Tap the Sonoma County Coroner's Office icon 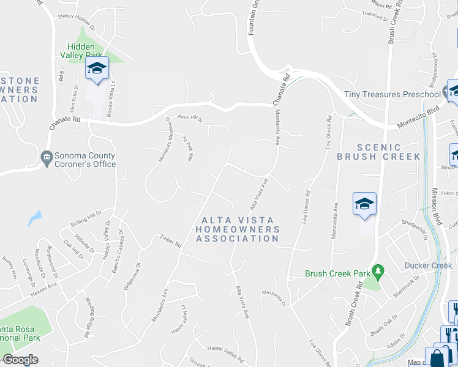[x=47, y=158]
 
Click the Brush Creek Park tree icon [x=378, y=270]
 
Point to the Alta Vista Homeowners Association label [x=237, y=229]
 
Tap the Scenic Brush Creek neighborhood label [x=378, y=152]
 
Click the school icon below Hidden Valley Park [x=96, y=68]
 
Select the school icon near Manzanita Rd [x=364, y=204]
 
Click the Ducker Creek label [x=428, y=265]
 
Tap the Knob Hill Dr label [x=190, y=117]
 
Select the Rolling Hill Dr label [x=86, y=217]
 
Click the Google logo [x=21, y=360]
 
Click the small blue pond [x=35, y=218]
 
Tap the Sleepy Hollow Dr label [x=76, y=22]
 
